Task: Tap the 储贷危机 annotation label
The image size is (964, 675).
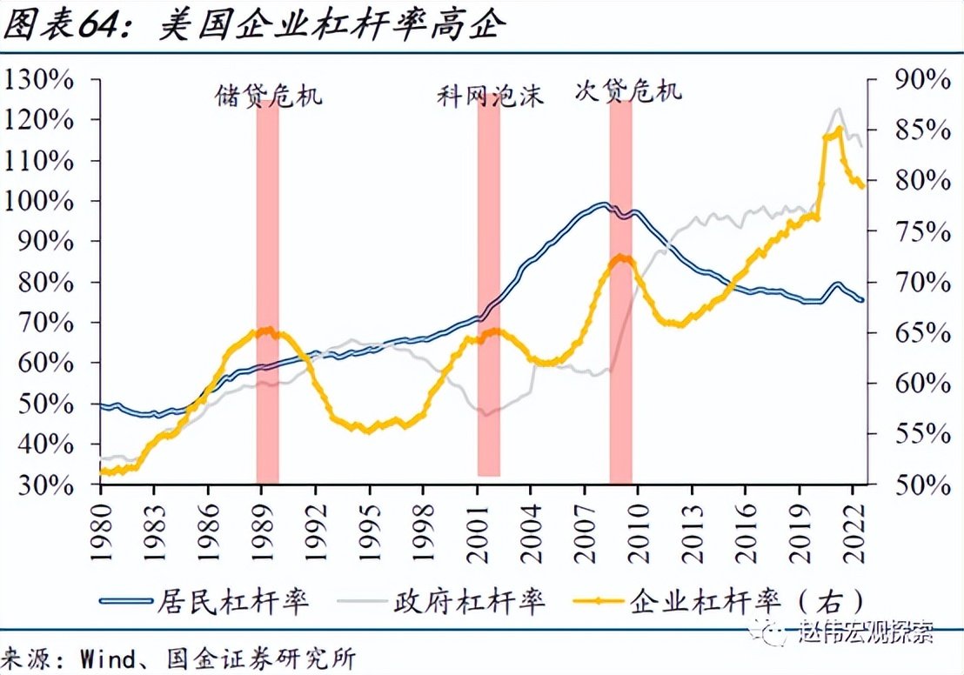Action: coord(268,94)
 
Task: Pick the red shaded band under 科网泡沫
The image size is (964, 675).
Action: coord(489,287)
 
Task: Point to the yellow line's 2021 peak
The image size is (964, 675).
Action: coord(838,130)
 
